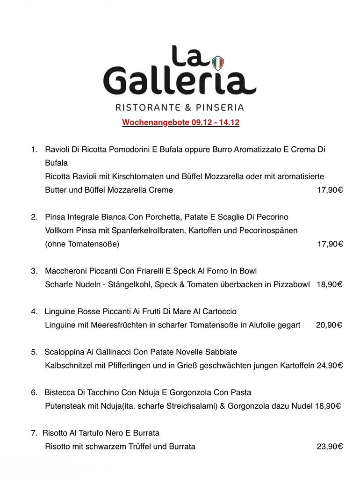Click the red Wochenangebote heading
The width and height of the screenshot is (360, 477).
[x=180, y=123]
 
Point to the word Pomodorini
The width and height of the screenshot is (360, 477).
[x=125, y=150]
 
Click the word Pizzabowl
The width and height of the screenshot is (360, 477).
[x=290, y=284]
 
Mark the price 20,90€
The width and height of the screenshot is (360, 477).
[x=329, y=325]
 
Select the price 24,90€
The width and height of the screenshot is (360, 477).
[x=330, y=366]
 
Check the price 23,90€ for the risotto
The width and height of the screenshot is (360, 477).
[x=330, y=447]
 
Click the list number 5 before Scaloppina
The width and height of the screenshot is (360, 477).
[x=34, y=352]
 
